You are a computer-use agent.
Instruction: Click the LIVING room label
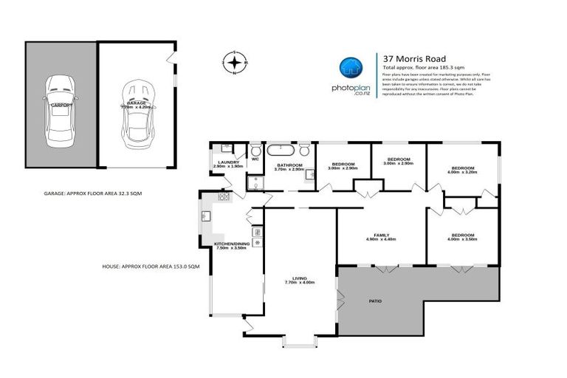(x=299, y=278)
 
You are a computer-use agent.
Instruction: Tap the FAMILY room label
(x=381, y=235)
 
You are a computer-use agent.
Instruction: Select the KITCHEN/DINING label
(x=232, y=244)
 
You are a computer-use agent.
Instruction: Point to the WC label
(x=255, y=159)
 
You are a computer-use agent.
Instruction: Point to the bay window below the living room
(x=298, y=340)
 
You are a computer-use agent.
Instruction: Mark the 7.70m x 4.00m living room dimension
(x=299, y=283)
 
